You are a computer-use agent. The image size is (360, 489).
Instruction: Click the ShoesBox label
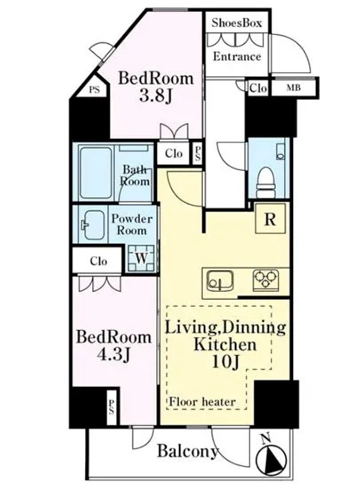236,23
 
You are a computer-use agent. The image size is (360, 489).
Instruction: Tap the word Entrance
236,56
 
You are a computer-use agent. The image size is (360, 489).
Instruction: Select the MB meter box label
293,88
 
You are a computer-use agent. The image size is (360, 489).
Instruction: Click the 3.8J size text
156,96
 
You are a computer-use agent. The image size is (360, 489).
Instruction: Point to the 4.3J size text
113,355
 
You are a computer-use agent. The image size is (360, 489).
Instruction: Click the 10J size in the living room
226,362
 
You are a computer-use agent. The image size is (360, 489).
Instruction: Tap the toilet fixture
266,182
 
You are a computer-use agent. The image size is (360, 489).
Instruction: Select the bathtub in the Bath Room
96,172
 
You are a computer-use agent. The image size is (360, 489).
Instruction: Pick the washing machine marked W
141,258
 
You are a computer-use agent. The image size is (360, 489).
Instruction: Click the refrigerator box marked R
270,219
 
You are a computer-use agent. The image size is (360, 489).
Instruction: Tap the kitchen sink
220,280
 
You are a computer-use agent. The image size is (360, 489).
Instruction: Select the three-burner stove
266,278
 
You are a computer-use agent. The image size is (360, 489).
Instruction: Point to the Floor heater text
202,402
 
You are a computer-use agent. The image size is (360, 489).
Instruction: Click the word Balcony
187,452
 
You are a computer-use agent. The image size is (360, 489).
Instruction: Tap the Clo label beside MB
258,88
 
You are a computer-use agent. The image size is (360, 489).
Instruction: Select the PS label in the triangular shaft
94,90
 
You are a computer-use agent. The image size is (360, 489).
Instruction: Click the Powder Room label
132,225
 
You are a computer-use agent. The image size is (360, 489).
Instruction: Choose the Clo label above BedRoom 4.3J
99,261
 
